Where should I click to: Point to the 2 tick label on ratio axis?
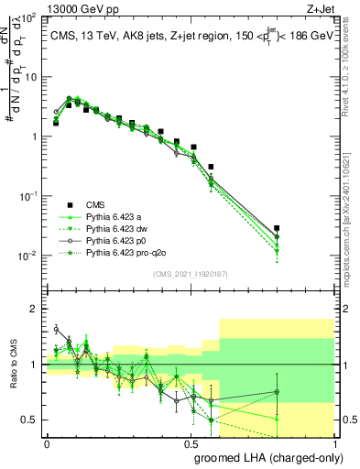[32, 309]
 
